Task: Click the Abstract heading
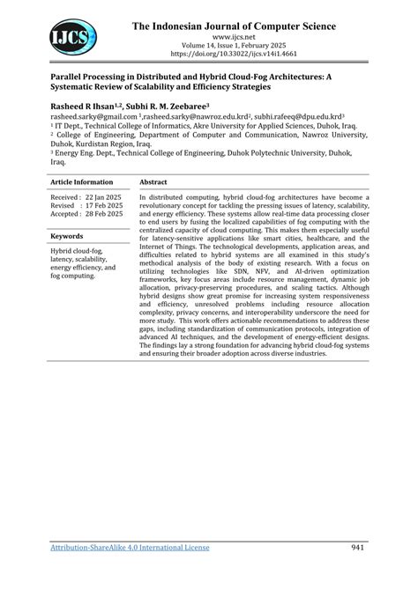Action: coord(154,181)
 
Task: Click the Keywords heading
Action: coord(67,236)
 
